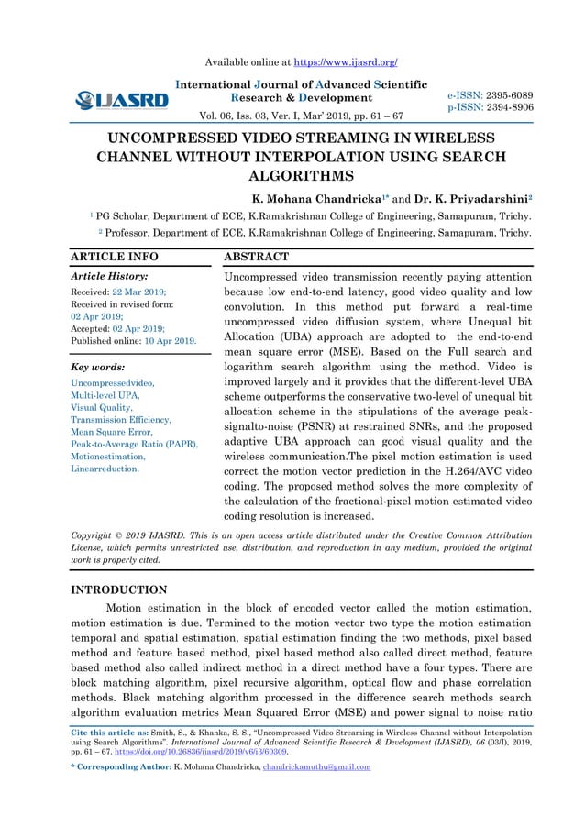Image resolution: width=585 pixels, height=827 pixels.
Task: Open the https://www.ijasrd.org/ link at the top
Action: [345, 62]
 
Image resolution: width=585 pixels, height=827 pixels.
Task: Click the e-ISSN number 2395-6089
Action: [508, 94]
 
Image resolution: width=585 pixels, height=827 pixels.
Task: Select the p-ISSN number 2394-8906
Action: [508, 107]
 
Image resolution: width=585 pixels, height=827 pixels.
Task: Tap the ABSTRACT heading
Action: [257, 257]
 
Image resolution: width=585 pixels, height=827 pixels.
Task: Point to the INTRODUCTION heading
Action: [119, 590]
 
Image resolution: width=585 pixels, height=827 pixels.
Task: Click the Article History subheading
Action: [110, 275]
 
